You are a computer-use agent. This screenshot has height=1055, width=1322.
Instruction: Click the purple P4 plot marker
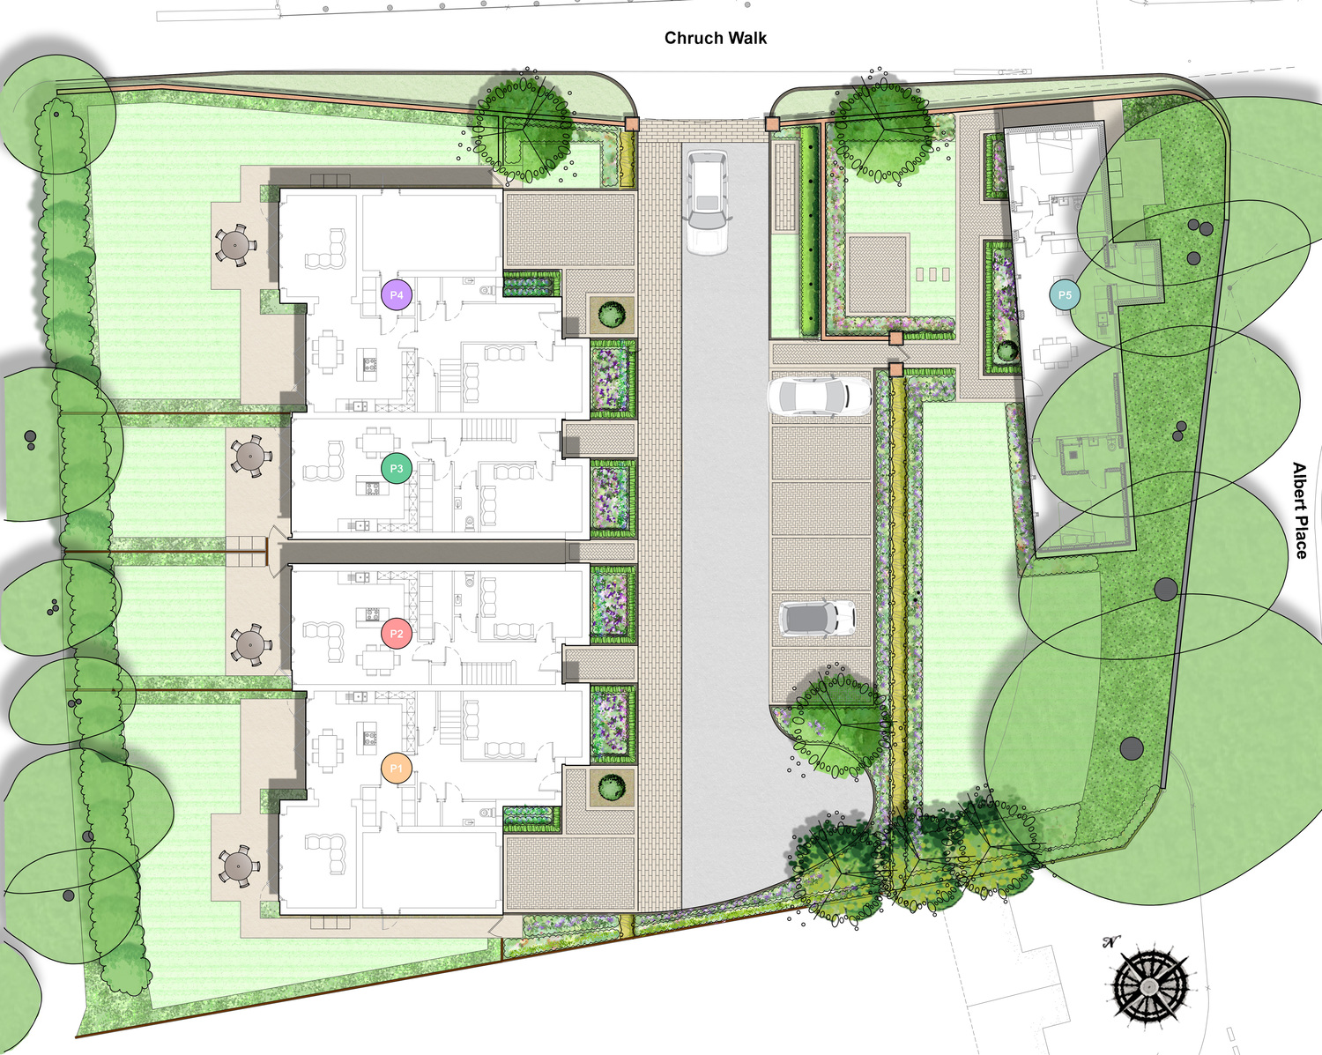pyautogui.click(x=397, y=295)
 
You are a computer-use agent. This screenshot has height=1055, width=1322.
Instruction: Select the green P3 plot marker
pyautogui.click(x=397, y=469)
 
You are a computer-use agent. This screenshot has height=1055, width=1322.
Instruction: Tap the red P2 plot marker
pyautogui.click(x=397, y=634)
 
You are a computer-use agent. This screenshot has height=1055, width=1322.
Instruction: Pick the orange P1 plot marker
pyautogui.click(x=397, y=768)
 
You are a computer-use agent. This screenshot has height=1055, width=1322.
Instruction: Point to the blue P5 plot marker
pyautogui.click(x=1065, y=295)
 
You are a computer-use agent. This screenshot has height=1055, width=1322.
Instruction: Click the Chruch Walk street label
pyautogui.click(x=715, y=38)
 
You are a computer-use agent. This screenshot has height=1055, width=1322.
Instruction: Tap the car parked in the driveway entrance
pyautogui.click(x=707, y=202)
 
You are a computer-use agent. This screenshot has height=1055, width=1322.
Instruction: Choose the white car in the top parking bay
pyautogui.click(x=820, y=396)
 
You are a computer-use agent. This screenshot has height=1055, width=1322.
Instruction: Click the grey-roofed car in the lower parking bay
pyautogui.click(x=817, y=618)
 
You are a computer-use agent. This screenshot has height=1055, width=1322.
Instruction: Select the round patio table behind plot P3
pyautogui.click(x=251, y=456)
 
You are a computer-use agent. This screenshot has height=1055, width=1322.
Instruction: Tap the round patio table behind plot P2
pyautogui.click(x=251, y=644)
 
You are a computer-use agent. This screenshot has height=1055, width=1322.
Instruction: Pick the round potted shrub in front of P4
pyautogui.click(x=612, y=315)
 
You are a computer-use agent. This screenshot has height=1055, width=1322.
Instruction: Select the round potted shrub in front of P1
pyautogui.click(x=612, y=787)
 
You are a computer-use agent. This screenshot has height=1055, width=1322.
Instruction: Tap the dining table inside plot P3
pyautogui.click(x=376, y=442)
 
